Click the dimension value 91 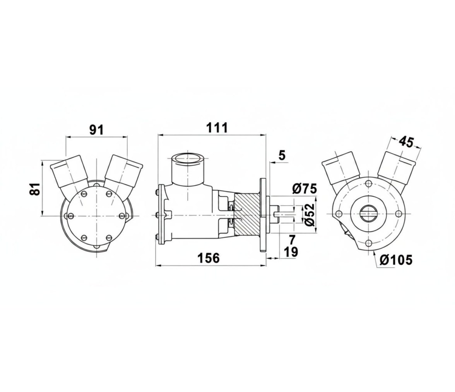tap(96, 130)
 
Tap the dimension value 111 tap(217, 128)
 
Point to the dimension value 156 tap(209, 258)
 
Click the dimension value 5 tap(282, 156)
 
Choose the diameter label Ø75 tap(304, 189)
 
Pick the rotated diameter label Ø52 tap(310, 215)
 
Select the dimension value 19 tap(291, 252)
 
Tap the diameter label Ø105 tap(396, 260)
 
